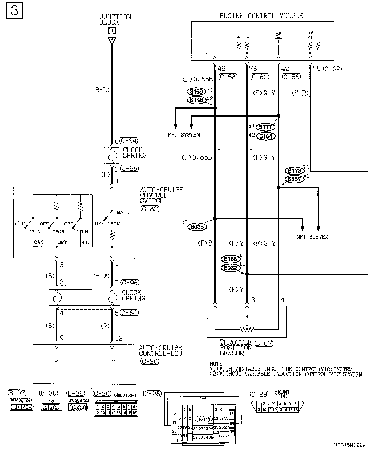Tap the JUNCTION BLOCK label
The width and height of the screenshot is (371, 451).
point(115,19)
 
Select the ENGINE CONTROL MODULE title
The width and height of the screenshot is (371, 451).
point(261,16)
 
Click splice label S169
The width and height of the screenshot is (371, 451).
point(196,92)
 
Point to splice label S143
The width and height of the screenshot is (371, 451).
point(196,100)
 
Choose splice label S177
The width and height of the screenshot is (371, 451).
point(265,127)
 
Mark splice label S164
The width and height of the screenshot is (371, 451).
point(265,136)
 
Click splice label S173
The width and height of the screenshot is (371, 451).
point(294,171)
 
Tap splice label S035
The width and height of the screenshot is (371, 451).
point(197,227)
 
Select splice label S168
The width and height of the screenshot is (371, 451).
point(231,259)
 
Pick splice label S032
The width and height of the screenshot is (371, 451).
point(231,268)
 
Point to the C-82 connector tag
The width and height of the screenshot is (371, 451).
point(150,209)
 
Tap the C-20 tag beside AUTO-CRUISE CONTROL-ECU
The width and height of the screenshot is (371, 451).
point(150,361)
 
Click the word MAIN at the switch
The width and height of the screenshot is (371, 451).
point(123,213)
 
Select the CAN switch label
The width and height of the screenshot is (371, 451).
point(39,242)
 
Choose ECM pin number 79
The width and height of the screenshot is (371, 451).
point(317,69)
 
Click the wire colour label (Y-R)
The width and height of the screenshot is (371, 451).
point(300,93)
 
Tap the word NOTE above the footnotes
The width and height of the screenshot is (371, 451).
point(216,364)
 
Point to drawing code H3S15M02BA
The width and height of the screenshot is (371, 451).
point(350,445)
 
